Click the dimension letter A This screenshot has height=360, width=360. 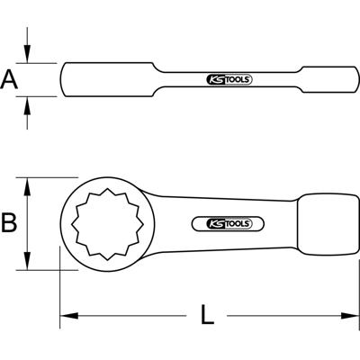pos(9,80)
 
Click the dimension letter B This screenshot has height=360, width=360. pos(9,222)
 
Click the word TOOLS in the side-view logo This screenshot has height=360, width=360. pos(238,79)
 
